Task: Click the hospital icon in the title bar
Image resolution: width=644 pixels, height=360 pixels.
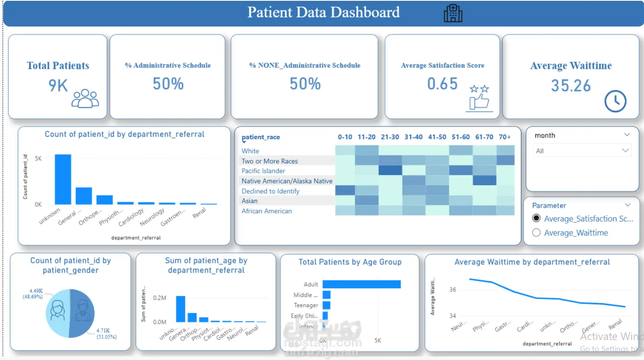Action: pyautogui.click(x=453, y=13)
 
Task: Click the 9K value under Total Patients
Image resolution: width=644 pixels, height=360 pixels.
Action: pyautogui.click(x=58, y=86)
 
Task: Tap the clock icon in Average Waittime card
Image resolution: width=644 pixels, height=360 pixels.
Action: pyautogui.click(x=615, y=101)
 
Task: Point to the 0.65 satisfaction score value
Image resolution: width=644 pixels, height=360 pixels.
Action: pyautogui.click(x=443, y=84)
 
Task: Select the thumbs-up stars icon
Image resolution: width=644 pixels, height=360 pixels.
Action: pyautogui.click(x=479, y=98)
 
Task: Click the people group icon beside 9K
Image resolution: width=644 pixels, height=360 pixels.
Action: pyautogui.click(x=85, y=98)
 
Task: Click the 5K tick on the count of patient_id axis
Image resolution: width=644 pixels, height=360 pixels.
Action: pyautogui.click(x=38, y=158)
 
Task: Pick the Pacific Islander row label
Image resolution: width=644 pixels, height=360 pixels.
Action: pyautogui.click(x=263, y=171)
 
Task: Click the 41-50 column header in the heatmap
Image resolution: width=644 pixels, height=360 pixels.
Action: pyautogui.click(x=437, y=137)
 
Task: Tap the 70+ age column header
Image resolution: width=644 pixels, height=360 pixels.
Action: pyautogui.click(x=505, y=137)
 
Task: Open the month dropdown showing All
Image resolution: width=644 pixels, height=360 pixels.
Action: pyautogui.click(x=582, y=151)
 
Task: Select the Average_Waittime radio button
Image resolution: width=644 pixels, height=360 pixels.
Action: pyautogui.click(x=536, y=233)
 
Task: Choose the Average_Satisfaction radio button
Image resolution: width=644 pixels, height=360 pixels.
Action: pyautogui.click(x=536, y=219)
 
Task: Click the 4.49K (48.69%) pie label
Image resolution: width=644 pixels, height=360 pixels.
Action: pyautogui.click(x=33, y=294)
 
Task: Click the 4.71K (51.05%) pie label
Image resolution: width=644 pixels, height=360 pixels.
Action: pyautogui.click(x=106, y=334)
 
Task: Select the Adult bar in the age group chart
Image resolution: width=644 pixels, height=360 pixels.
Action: pyautogui.click(x=362, y=284)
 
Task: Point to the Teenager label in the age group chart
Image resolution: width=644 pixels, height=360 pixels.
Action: pyautogui.click(x=306, y=305)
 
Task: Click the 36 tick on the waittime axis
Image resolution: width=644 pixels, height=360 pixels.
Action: pyautogui.click(x=453, y=290)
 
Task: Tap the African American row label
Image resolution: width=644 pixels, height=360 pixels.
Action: pyautogui.click(x=267, y=211)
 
